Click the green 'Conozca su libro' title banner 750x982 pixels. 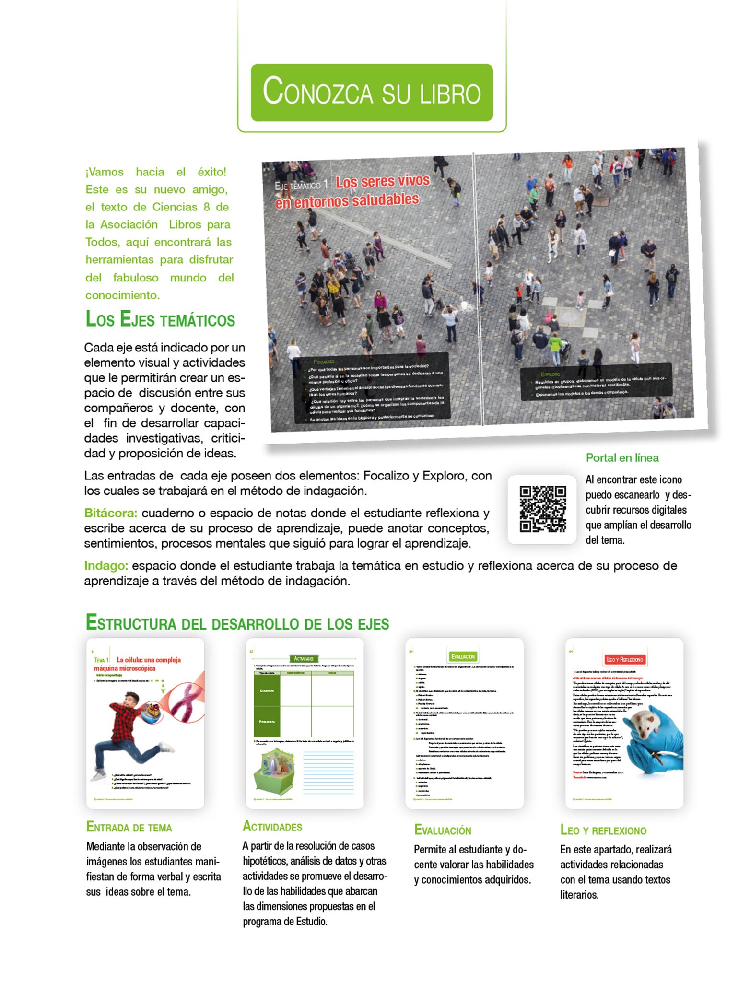pyautogui.click(x=372, y=92)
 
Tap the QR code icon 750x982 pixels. pyautogui.click(x=542, y=509)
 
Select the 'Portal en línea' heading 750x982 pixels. pyautogui.click(x=622, y=458)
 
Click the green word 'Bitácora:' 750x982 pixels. pyautogui.click(x=111, y=513)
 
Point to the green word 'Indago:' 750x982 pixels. pyautogui.click(x=106, y=566)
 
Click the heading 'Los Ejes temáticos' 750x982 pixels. pyautogui.click(x=160, y=319)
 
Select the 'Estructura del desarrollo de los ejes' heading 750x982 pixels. pyautogui.click(x=237, y=623)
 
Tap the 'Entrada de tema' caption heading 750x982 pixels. pyautogui.click(x=129, y=827)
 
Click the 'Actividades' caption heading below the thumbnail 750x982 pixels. pyautogui.click(x=272, y=827)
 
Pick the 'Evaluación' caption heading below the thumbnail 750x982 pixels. pyautogui.click(x=443, y=830)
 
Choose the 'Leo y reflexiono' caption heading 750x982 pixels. pyautogui.click(x=603, y=830)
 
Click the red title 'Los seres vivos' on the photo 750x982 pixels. pyautogui.click(x=383, y=182)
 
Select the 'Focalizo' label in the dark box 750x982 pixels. pyautogui.click(x=324, y=362)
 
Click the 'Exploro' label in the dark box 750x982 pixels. pyautogui.click(x=550, y=374)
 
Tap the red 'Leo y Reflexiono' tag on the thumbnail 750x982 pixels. pyautogui.click(x=624, y=660)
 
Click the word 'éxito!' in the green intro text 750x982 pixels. pyautogui.click(x=211, y=172)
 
